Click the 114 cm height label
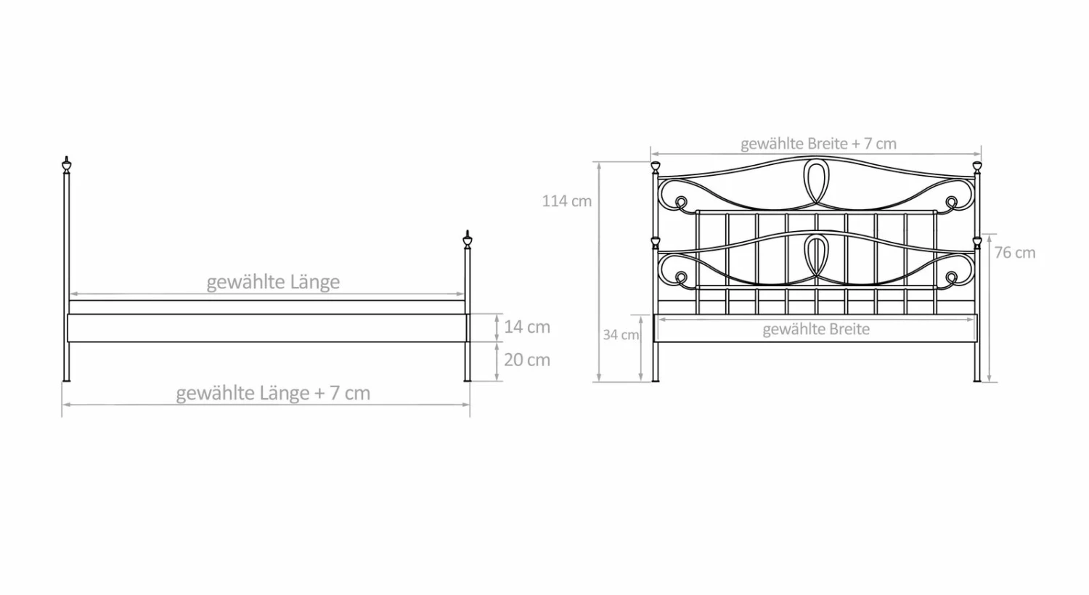[567, 201]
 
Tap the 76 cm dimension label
[1015, 253]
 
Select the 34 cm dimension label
[621, 335]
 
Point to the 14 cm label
[527, 327]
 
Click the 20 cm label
[527, 360]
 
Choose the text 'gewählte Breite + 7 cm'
[818, 144]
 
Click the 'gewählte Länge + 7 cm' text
[273, 392]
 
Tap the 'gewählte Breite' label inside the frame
[816, 329]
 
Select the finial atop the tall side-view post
[67, 165]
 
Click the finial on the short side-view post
[468, 239]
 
